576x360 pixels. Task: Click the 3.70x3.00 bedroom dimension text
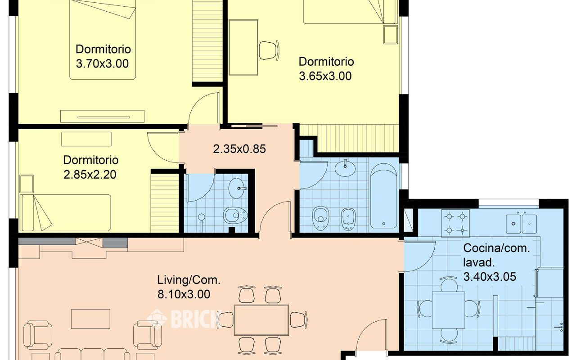102,64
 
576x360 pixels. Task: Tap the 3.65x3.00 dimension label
325,76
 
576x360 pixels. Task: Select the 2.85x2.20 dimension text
90,175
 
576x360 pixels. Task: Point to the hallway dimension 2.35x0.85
239,149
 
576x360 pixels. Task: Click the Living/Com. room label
189,280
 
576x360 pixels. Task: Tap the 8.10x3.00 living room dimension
184,294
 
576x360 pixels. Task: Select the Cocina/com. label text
496,248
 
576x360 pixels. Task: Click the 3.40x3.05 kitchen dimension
490,277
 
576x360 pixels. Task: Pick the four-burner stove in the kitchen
455,223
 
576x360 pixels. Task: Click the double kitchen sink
521,224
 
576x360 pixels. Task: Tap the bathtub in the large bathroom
383,196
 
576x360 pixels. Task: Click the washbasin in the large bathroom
345,168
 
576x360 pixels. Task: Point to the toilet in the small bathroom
235,215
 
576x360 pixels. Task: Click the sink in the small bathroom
237,188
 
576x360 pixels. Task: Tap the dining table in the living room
261,320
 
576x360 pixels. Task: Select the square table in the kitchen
449,310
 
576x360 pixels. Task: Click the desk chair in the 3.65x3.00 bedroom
269,50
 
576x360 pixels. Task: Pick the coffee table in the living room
90,319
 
